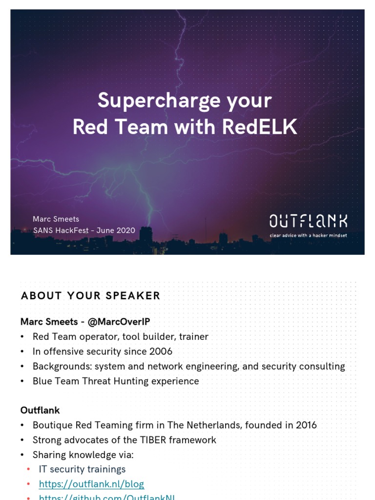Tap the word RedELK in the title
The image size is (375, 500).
260,127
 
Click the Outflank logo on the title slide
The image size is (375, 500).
308,221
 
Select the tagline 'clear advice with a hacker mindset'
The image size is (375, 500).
309,235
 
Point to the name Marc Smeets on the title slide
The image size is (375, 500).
56,219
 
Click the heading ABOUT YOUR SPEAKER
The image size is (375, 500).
90,295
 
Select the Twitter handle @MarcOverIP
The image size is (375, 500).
117,321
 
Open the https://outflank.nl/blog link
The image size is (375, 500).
91,484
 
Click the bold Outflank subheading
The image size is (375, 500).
40,410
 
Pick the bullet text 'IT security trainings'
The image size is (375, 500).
82,469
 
